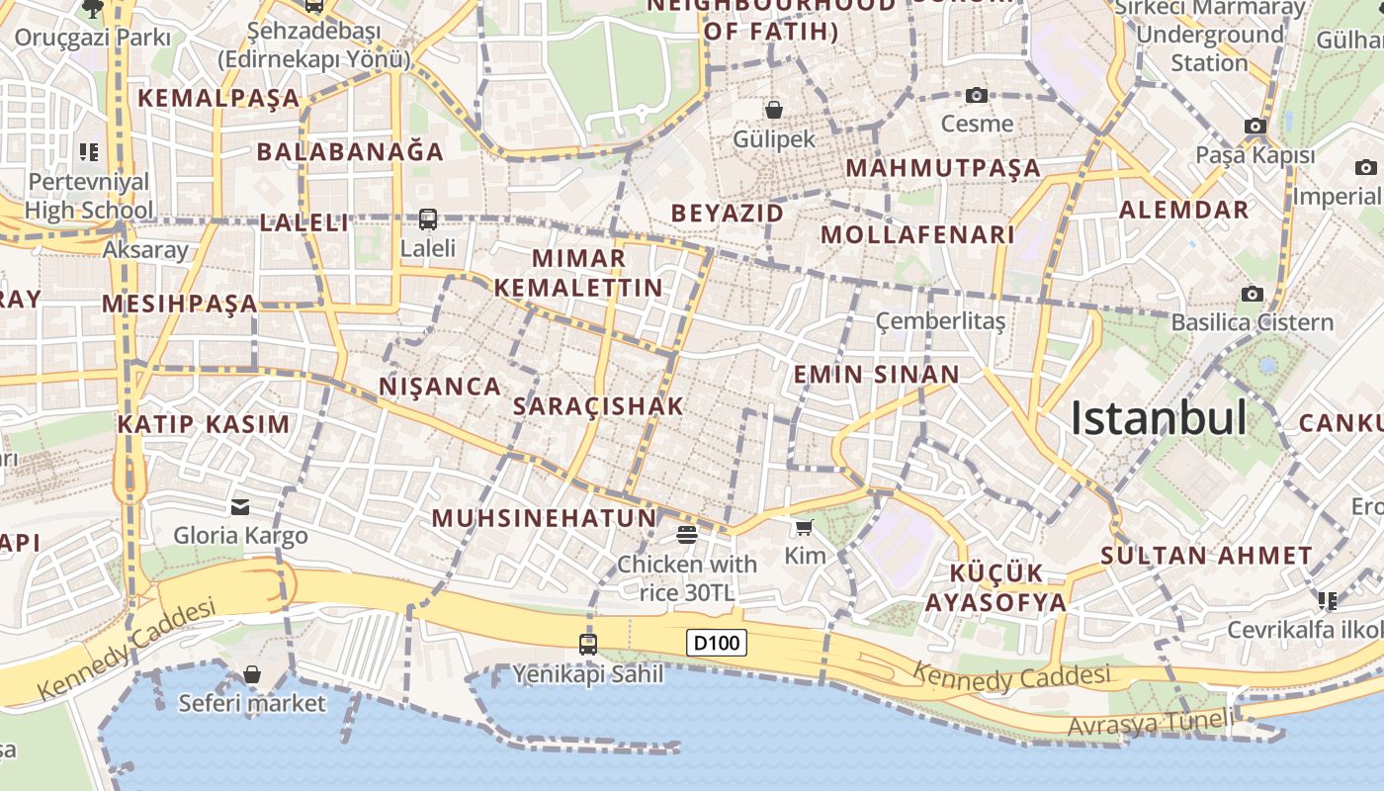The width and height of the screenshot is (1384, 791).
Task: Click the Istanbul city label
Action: click(x=1159, y=419)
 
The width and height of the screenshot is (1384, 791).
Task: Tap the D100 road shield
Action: click(x=717, y=644)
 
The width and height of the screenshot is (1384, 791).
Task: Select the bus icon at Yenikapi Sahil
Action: click(x=588, y=645)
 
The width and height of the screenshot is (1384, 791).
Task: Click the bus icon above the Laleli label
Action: click(x=428, y=220)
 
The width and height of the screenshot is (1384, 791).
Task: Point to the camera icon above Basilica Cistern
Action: click(x=1253, y=294)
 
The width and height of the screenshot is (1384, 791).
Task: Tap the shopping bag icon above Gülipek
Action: click(x=774, y=110)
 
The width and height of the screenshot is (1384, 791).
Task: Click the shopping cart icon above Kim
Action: click(x=805, y=528)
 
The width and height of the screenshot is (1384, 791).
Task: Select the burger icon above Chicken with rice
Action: click(x=687, y=535)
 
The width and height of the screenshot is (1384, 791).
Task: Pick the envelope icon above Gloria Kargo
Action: click(x=240, y=507)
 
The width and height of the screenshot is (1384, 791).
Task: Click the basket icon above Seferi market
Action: click(x=252, y=674)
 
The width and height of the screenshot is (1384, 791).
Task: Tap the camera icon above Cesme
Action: click(x=977, y=95)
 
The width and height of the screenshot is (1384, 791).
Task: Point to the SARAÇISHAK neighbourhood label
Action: click(x=599, y=406)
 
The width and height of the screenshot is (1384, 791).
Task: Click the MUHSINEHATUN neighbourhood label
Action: click(x=544, y=518)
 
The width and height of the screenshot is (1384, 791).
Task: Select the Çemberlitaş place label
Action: click(x=941, y=321)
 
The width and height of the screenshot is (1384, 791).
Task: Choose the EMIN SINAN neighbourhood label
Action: click(x=877, y=375)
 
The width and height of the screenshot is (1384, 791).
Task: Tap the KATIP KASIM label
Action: click(x=204, y=425)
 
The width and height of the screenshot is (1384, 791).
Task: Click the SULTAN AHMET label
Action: click(x=1206, y=555)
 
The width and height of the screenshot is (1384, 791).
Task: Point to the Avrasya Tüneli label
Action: click(x=1151, y=724)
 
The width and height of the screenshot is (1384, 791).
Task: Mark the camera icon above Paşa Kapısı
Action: click(x=1255, y=127)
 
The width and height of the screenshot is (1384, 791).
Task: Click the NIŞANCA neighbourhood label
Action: click(x=440, y=387)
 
